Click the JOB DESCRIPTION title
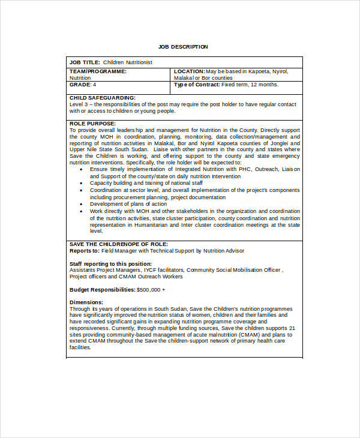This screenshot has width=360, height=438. [183, 46]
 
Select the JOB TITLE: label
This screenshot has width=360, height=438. [85, 62]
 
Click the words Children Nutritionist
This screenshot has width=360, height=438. [128, 62]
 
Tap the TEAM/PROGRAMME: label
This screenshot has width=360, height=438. [98, 71]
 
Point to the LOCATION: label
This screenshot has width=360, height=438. [189, 71]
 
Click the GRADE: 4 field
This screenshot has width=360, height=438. [83, 85]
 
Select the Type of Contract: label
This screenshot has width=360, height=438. [197, 85]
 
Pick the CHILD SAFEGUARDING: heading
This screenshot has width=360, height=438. [103, 97]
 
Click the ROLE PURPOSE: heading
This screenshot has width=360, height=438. [92, 123]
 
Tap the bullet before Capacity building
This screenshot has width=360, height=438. [82, 183]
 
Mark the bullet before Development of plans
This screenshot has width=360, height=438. [82, 204]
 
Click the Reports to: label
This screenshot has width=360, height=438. [84, 250]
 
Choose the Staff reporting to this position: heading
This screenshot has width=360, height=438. [110, 263]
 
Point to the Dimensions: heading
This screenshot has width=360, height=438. [86, 302]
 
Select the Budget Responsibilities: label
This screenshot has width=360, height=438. [102, 289]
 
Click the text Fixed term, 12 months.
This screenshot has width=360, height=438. [250, 85]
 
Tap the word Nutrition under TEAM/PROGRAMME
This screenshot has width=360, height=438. [80, 78]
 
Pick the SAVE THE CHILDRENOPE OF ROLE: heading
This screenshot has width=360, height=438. [118, 244]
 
